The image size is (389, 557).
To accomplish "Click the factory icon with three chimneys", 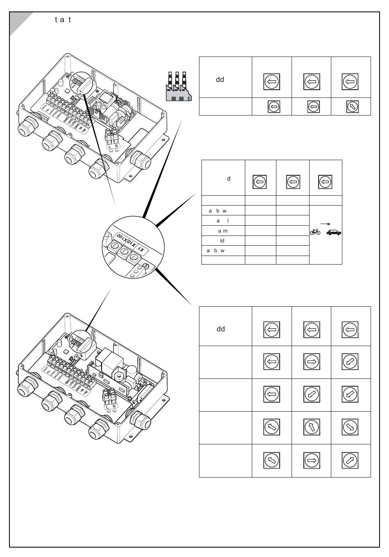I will [178, 86].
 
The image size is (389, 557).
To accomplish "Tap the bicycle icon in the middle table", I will [315, 232].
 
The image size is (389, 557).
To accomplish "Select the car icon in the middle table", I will [334, 232].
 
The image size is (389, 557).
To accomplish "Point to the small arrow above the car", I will [325, 224].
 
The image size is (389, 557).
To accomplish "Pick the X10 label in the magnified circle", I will [131, 242].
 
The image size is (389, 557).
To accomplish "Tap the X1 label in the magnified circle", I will [141, 249].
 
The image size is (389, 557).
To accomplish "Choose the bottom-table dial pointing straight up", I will [312, 427].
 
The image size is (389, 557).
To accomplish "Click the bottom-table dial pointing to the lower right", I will [350, 427].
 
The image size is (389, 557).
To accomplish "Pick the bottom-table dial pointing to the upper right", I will [350, 460].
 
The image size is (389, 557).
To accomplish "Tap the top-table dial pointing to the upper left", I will [353, 106].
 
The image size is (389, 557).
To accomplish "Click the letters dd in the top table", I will [220, 79].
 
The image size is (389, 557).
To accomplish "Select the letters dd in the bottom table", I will [221, 329].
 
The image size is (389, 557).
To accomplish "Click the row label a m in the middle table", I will [223, 231].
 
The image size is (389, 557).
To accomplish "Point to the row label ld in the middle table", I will [222, 241].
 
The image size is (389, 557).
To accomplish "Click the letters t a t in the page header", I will [63, 20].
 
